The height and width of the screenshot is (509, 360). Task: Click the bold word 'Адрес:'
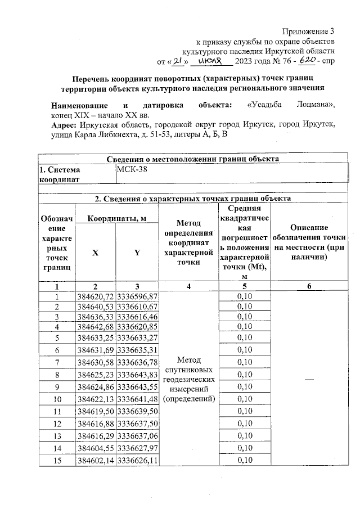(x=65, y=124)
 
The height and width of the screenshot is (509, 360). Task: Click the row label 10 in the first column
(x=56, y=399)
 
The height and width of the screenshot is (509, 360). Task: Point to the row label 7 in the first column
(x=56, y=362)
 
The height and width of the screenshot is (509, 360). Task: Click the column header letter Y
(x=137, y=253)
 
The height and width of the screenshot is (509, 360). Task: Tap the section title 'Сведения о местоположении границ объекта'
(x=186, y=159)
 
